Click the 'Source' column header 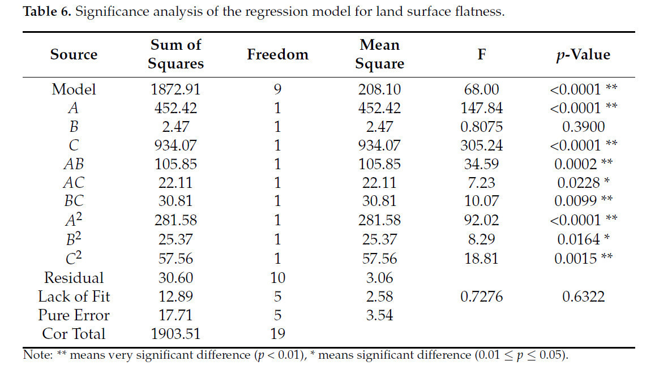point(74,55)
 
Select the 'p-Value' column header point(583,55)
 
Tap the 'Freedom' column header point(277,55)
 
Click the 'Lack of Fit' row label point(74,296)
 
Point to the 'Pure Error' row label point(74,315)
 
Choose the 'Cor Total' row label point(74,334)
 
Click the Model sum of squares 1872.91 point(175,89)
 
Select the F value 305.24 point(481,145)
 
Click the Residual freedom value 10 point(277,277)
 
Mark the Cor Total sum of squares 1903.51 point(175,334)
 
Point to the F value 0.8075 point(481,127)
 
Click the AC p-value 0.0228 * point(583,183)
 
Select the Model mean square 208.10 point(379,89)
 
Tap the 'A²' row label point(74,221)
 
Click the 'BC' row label point(74,202)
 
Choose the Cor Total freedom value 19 point(277,334)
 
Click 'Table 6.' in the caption point(47,12)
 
